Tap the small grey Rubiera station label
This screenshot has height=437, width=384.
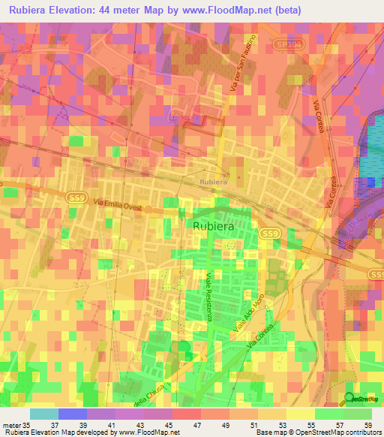click(x=213, y=181)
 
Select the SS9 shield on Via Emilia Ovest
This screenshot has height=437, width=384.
click(x=75, y=195)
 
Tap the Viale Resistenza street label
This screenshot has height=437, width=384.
click(x=209, y=297)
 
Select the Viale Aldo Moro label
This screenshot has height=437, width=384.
click(x=247, y=316)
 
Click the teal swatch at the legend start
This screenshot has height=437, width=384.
click(x=43, y=414)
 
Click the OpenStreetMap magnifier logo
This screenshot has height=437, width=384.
click(x=349, y=398)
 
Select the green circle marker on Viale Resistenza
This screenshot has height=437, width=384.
click(x=184, y=345)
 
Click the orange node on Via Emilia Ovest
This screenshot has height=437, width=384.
click(x=148, y=209)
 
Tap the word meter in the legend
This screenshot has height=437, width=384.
click(x=11, y=424)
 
